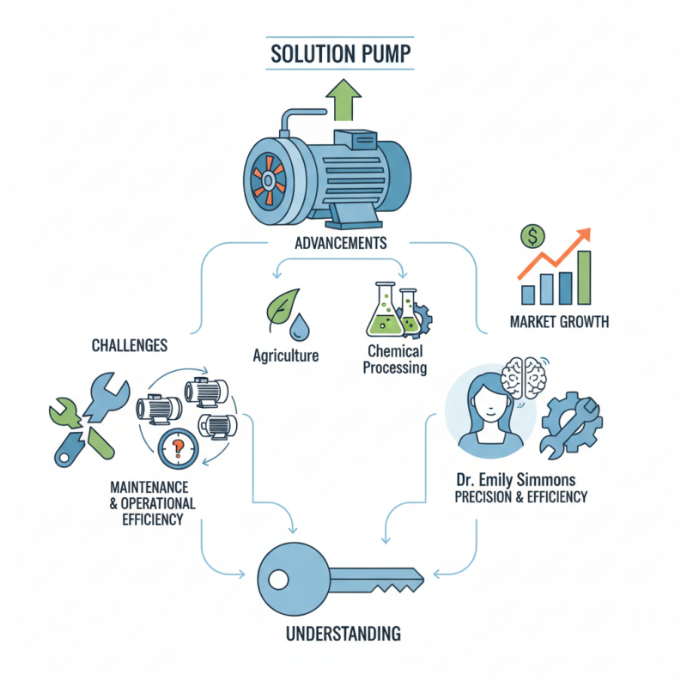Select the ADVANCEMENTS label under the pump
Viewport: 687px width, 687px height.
click(340, 243)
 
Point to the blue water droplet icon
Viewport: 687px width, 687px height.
click(300, 326)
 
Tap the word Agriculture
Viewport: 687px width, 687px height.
click(287, 355)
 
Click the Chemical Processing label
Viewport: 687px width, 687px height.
click(395, 359)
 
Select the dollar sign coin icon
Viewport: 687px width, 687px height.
click(533, 235)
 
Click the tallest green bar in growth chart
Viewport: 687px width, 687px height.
click(584, 277)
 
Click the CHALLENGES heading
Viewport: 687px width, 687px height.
click(129, 345)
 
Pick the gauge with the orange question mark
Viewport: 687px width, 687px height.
click(179, 447)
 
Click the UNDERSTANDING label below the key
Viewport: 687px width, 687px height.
click(343, 635)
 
